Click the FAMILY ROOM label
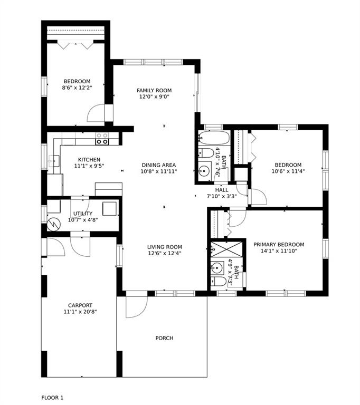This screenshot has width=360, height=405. [x=154, y=90]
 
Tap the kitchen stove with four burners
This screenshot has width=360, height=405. [x=102, y=139]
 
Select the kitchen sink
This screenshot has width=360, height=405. [x=54, y=161]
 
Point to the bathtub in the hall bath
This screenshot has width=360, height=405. [x=214, y=138]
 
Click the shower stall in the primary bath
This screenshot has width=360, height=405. [x=226, y=249]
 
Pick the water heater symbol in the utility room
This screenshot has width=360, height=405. [x=54, y=225]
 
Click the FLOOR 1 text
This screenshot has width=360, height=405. [x=52, y=398]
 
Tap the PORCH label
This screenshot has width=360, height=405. [x=164, y=338]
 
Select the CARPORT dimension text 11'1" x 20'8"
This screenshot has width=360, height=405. [x=80, y=312]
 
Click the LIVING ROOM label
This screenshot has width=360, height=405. [x=165, y=247]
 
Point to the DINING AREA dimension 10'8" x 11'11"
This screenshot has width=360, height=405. [x=159, y=171]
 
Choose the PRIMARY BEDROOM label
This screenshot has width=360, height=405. [x=279, y=244]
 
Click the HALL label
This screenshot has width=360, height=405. [x=222, y=190]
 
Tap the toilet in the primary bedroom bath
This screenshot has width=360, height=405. [x=219, y=281]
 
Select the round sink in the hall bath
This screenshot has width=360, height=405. [x=205, y=171]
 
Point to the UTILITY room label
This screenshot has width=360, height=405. [x=83, y=214]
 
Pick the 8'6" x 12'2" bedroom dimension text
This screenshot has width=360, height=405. [x=77, y=88]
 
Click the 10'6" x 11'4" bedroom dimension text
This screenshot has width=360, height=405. [x=288, y=171]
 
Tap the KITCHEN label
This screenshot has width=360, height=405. [x=89, y=160]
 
